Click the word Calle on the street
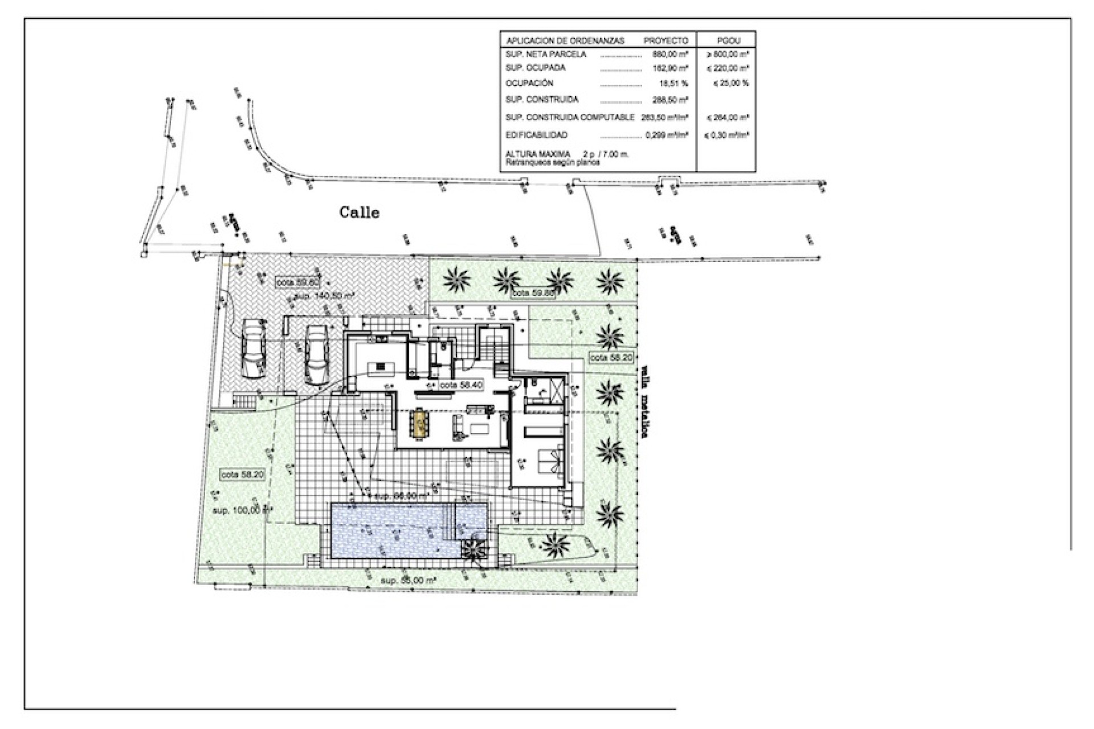pyautogui.click(x=359, y=212)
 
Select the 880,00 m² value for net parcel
pyautogui.click(x=670, y=55)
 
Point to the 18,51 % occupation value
pyautogui.click(x=672, y=83)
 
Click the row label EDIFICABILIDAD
pyautogui.click(x=536, y=135)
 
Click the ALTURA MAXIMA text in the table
pyautogui.click(x=537, y=154)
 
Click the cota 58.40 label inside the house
pyautogui.click(x=461, y=385)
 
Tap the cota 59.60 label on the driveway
pyautogui.click(x=297, y=282)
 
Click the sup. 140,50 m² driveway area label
pyautogui.click(x=326, y=296)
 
